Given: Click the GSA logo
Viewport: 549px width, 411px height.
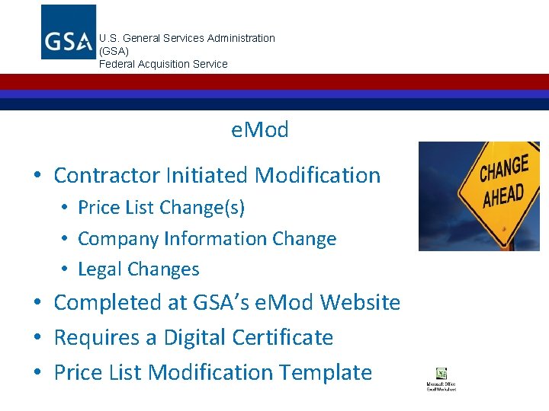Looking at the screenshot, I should click(68, 32).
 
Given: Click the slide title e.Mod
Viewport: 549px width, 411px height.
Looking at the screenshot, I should click(260, 130).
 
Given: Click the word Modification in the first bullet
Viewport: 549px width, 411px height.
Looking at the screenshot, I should click(317, 175).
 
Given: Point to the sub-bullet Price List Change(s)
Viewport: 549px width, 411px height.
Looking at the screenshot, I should click(161, 208).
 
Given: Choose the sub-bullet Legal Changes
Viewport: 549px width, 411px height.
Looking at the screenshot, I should click(138, 269).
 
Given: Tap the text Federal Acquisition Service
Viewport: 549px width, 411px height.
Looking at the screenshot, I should click(163, 64).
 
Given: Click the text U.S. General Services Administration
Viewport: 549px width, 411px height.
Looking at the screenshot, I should click(187, 38).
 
